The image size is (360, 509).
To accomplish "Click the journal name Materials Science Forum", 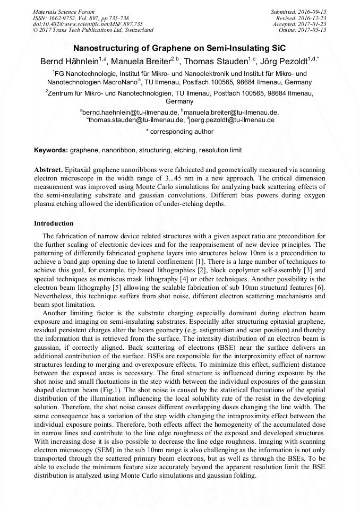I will click(64, 11).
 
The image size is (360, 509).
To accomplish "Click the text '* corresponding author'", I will click(179, 131).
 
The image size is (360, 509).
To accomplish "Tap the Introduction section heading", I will click(54, 223).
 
